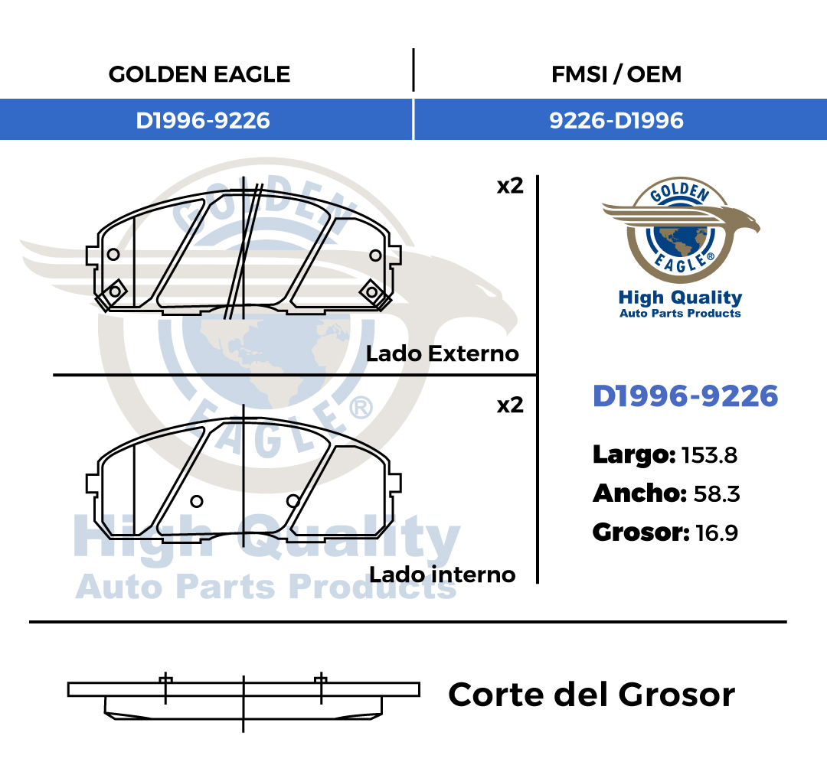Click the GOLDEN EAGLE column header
tap(199, 74)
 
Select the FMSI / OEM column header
tap(616, 74)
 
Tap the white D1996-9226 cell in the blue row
tap(203, 121)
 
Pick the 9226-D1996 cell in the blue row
tap(616, 121)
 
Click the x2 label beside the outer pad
tap(510, 186)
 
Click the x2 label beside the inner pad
tap(510, 405)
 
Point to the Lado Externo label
tap(443, 353)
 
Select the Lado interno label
tap(443, 575)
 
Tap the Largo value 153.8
tap(709, 455)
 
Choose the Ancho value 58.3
tap(717, 494)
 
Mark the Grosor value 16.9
tap(717, 532)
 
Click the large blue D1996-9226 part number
tap(685, 396)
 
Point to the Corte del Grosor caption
tap(591, 695)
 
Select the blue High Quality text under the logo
tap(681, 298)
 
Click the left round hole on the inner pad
tap(197, 501)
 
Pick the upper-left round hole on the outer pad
tap(113, 255)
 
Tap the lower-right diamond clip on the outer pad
tap(372, 292)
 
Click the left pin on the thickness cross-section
tap(165, 688)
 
